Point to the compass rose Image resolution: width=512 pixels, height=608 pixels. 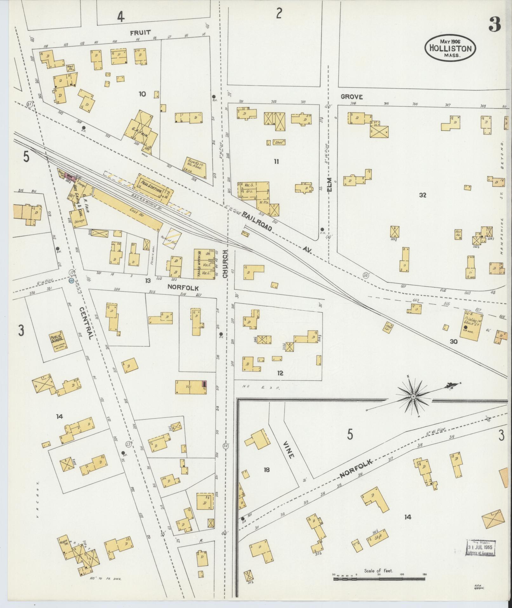(x=413, y=397)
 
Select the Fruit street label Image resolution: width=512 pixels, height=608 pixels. (x=140, y=33)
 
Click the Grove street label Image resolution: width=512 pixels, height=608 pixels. (x=352, y=97)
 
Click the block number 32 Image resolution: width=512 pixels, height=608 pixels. (x=422, y=195)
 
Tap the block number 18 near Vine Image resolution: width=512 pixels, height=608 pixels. (x=266, y=469)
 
